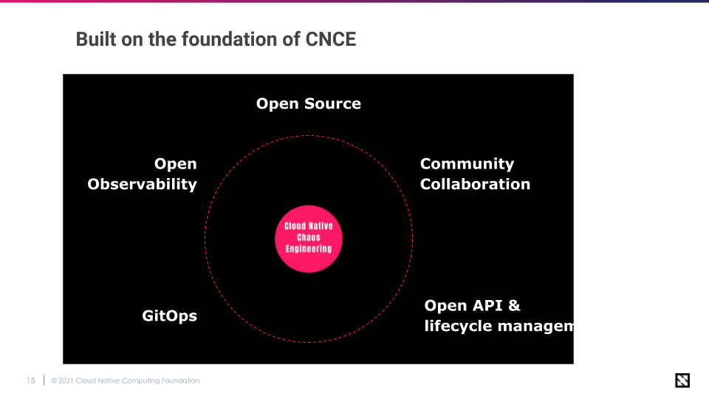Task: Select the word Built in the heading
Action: (x=96, y=39)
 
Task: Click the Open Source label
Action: (x=309, y=104)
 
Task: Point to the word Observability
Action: (x=142, y=184)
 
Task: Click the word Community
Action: (x=467, y=164)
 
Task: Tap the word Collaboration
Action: (x=475, y=184)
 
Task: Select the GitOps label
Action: (x=169, y=316)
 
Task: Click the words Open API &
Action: (x=473, y=306)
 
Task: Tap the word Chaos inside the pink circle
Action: (x=309, y=238)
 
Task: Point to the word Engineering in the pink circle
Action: (x=309, y=249)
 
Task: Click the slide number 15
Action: (x=30, y=381)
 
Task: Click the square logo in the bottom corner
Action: (x=682, y=381)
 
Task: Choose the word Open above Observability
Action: (x=176, y=164)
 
